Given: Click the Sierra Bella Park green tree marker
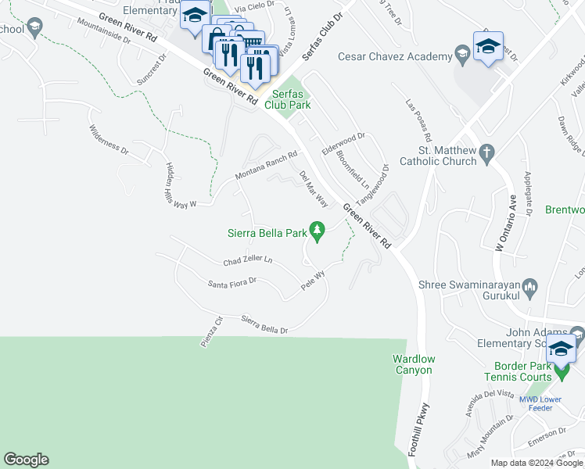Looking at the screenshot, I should click(317, 231).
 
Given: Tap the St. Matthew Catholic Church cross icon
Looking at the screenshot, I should click(486, 153).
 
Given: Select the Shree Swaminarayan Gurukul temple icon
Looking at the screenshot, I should click(531, 289).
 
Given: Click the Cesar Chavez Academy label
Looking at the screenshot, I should click(395, 56).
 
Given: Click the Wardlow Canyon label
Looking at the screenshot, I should click(412, 364).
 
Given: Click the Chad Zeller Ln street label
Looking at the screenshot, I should click(248, 260).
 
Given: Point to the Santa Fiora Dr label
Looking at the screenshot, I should click(232, 283).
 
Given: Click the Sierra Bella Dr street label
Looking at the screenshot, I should click(264, 324).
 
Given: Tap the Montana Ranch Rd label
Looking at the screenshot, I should click(267, 166).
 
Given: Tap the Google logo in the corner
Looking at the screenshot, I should click(26, 460).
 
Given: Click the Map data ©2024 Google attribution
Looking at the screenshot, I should click(537, 463).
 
